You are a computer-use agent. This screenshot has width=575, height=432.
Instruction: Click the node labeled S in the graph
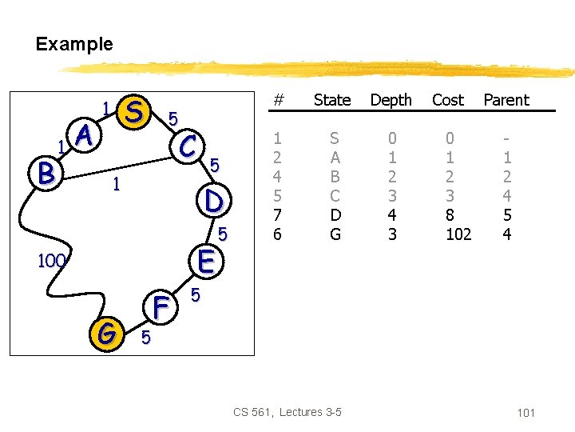(136, 113)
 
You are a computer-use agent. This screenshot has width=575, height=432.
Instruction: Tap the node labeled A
(86, 138)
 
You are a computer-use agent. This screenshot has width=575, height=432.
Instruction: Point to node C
(189, 146)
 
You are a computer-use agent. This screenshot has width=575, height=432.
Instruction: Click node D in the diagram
(213, 200)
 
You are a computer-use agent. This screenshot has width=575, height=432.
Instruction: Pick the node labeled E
(205, 261)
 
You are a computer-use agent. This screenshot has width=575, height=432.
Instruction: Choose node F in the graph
(161, 308)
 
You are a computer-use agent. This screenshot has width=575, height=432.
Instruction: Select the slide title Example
(74, 44)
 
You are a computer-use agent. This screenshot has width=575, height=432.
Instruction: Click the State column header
(332, 100)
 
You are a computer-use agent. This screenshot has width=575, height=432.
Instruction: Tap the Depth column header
(391, 100)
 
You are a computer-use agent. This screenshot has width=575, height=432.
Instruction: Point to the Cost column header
(447, 100)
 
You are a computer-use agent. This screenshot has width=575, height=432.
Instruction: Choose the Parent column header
(506, 100)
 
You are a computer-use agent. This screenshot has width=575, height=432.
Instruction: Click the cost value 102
(458, 234)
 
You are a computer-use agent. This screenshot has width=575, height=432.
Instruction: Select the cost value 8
(448, 214)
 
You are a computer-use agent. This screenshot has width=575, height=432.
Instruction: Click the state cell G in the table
(335, 234)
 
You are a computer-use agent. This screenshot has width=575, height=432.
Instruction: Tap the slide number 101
(525, 413)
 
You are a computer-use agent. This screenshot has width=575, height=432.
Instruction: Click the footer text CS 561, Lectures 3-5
(287, 412)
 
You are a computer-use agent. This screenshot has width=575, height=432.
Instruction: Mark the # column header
(278, 100)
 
